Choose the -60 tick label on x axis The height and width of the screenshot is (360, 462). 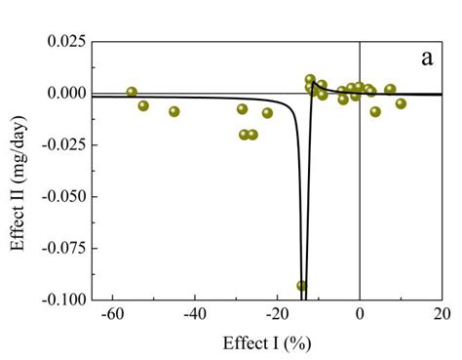[x=112, y=313]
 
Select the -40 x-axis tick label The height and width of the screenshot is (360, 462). [x=194, y=313]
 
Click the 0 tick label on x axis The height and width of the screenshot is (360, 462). [x=360, y=313]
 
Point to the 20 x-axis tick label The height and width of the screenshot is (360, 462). [x=442, y=313]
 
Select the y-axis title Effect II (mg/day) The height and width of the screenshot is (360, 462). [x=19, y=172]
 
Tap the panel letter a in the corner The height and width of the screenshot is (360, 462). [x=426, y=58]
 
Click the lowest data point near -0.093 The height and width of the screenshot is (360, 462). [x=302, y=286]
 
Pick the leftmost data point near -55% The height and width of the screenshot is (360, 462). [x=132, y=93]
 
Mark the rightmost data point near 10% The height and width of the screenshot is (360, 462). [x=401, y=103]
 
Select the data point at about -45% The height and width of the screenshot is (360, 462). [x=174, y=111]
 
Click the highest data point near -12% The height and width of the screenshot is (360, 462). [x=310, y=80]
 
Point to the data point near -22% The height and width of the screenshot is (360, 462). [x=267, y=113]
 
